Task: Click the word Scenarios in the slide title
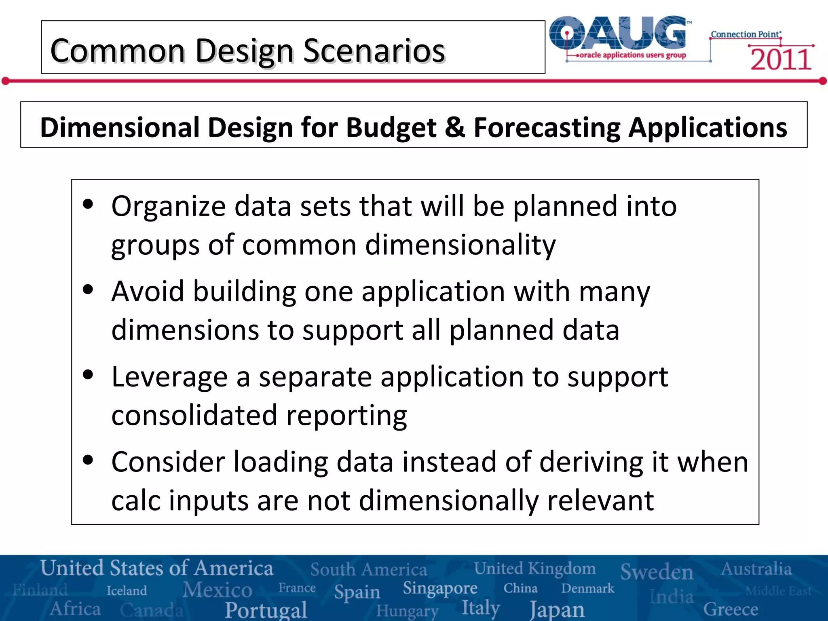click(x=374, y=51)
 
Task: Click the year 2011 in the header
click(x=781, y=59)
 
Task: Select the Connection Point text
click(x=746, y=34)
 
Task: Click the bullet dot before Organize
click(x=88, y=204)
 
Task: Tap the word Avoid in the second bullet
click(x=148, y=291)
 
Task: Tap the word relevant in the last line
click(x=600, y=501)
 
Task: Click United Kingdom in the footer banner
click(x=534, y=568)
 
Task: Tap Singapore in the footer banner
click(x=440, y=588)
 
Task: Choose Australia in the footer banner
click(x=756, y=569)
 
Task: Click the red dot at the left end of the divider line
click(x=5, y=81)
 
